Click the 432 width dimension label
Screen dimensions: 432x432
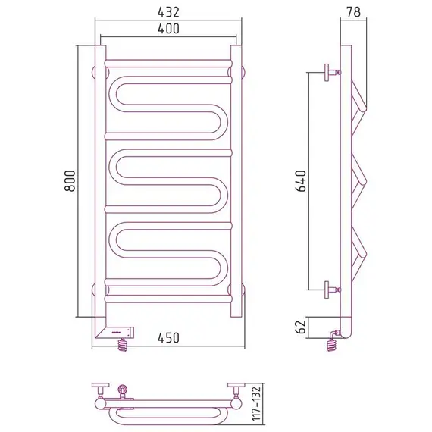168,12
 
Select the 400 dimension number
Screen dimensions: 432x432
168,29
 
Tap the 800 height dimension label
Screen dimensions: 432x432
70,181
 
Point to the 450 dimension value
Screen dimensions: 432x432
168,338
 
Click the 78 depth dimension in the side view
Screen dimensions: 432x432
353,12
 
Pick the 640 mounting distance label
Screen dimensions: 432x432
301,181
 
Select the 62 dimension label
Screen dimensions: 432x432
301,327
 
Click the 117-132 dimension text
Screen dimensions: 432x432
256,408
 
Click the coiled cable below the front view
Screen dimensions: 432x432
123,345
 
